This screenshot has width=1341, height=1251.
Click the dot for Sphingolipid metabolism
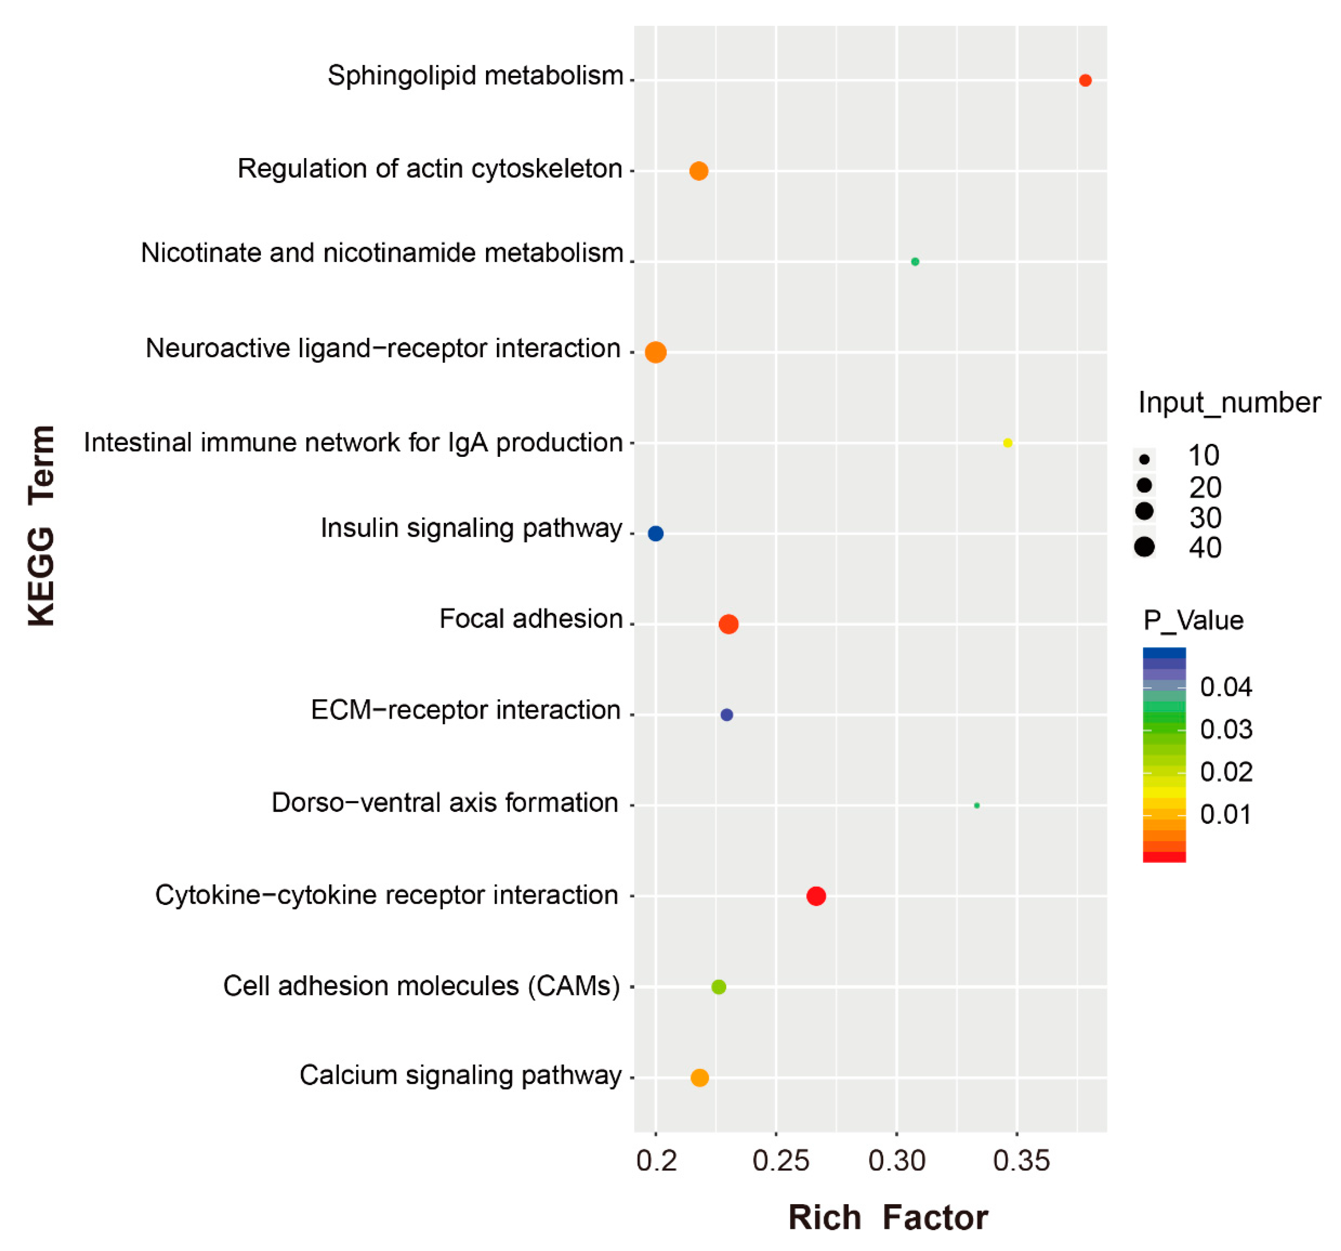[x=1084, y=80]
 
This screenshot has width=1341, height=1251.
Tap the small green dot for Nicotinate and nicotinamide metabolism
[x=915, y=262]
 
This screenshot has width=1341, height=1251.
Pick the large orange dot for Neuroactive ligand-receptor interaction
[x=656, y=352]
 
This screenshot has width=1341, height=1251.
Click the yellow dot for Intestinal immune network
[x=1007, y=443]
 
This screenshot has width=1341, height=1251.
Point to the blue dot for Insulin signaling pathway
[x=655, y=533]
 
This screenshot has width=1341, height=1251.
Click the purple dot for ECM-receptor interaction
[x=726, y=715]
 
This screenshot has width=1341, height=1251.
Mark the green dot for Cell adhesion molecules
[x=718, y=986]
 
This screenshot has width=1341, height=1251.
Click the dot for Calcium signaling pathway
[x=700, y=1077]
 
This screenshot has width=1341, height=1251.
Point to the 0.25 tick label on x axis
[x=780, y=1160]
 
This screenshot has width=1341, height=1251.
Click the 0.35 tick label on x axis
[x=1021, y=1160]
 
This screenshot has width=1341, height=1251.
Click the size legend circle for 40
[x=1144, y=547]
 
